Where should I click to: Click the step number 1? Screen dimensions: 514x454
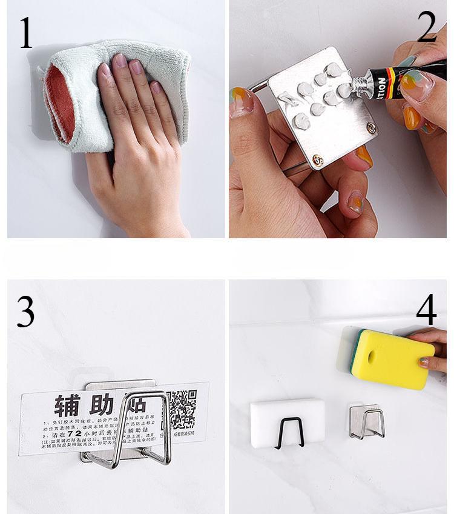pos(25,34)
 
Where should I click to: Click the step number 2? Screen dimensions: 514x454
pos(427,28)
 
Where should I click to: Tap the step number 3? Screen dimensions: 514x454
pos(25,313)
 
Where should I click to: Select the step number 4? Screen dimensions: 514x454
pos(426,310)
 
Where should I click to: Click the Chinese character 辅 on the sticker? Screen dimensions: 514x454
pos(68,405)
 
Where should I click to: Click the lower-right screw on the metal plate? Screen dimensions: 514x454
pos(371,128)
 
